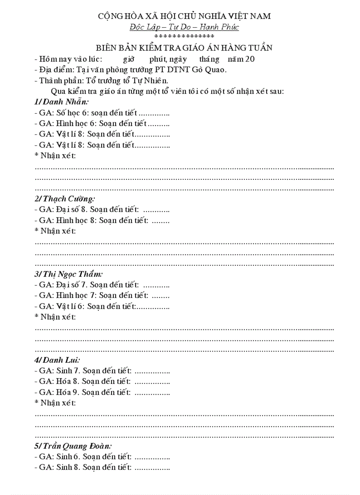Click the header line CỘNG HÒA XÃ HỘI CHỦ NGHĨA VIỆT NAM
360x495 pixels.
[x=184, y=16]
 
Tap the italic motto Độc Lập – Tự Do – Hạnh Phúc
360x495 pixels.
[x=184, y=27]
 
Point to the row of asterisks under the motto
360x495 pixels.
[x=184, y=37]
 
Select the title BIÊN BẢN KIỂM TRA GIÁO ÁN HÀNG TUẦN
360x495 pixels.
[x=184, y=48]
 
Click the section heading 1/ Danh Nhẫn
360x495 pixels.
[x=61, y=102]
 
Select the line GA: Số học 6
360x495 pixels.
[x=102, y=113]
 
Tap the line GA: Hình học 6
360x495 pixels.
[x=102, y=123]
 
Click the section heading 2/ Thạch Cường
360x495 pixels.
[x=64, y=199]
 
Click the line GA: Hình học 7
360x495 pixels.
[x=102, y=295]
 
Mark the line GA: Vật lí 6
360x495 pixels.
[x=102, y=306]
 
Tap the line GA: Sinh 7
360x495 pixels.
[x=102, y=371]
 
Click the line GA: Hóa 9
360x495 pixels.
[x=102, y=392]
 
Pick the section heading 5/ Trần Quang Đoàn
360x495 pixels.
[x=73, y=446]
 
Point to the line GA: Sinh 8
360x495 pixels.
[x=102, y=467]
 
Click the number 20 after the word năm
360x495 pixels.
[x=250, y=59]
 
